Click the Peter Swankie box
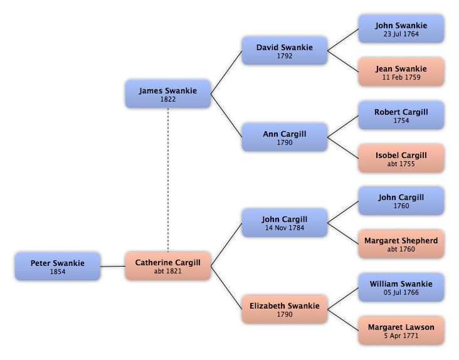(x=58, y=267)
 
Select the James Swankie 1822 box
(x=168, y=94)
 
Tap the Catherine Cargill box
(x=168, y=266)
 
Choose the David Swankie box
(x=285, y=51)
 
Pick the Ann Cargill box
(x=285, y=137)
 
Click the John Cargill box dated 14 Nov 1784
(x=285, y=223)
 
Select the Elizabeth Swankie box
(x=285, y=309)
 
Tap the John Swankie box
(x=401, y=29)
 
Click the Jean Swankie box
(x=401, y=72)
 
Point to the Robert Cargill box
(x=401, y=115)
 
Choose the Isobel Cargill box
(x=401, y=158)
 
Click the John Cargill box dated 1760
(x=401, y=201)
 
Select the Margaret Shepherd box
(x=401, y=244)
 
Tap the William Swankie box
(x=401, y=287)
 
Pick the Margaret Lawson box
(x=401, y=331)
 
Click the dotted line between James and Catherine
(x=168, y=180)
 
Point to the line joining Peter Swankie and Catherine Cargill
(x=113, y=267)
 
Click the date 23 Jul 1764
(x=401, y=34)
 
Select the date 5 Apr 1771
(x=401, y=336)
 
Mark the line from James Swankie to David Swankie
(x=226, y=72)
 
